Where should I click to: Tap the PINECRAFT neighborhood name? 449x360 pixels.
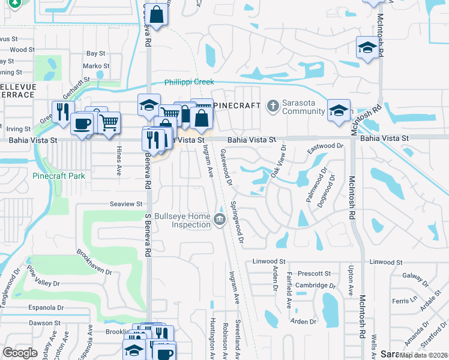pos(238,106)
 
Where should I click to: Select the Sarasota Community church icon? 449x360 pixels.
pos(273,106)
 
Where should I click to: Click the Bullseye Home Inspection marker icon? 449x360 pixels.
pos(220,220)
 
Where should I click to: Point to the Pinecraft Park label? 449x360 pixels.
pos(59,176)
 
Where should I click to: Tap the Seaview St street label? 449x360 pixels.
pos(126,204)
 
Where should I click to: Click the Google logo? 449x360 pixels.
pos(20,353)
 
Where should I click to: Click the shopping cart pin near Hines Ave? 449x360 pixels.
pos(109,123)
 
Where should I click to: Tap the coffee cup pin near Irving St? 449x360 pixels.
pos(82,124)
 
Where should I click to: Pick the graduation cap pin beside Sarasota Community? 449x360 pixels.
pos(339,110)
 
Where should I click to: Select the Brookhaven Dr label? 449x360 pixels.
pos(94,262)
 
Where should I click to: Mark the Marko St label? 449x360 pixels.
pos(96,66)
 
